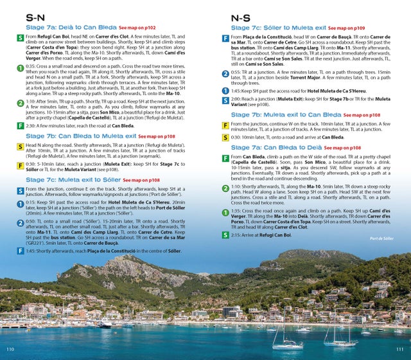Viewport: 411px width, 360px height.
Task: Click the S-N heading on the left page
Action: click(x=35, y=18)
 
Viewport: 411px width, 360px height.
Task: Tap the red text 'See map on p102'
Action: click(x=138, y=29)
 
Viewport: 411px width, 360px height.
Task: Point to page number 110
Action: click(x=10, y=348)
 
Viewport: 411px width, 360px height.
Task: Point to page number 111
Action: click(x=399, y=348)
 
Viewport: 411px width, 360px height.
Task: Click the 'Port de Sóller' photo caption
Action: click(x=383, y=238)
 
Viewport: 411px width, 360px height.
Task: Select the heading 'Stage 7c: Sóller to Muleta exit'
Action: click(x=277, y=29)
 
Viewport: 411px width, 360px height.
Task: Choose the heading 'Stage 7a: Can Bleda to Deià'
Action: click(x=277, y=148)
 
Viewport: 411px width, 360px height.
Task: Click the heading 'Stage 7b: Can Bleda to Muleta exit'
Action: click(x=80, y=136)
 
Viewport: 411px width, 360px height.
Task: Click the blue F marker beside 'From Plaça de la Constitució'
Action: click(x=225, y=39)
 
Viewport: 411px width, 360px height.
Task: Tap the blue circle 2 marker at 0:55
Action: click(x=225, y=74)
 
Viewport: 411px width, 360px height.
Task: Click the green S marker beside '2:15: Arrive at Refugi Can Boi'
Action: click(x=225, y=235)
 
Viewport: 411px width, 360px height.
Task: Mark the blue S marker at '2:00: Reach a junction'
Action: click(x=225, y=100)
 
